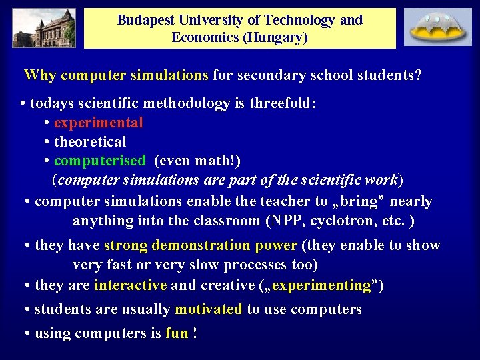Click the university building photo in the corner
click(43, 27)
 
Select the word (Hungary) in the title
click(275, 37)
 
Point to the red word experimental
click(98, 123)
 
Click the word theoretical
click(90, 142)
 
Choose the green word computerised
click(99, 161)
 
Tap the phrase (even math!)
click(197, 161)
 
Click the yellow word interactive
click(131, 286)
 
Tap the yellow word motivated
click(209, 309)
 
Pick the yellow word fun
click(177, 333)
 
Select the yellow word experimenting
click(321, 286)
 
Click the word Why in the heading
click(40, 75)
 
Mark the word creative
click(223, 286)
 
